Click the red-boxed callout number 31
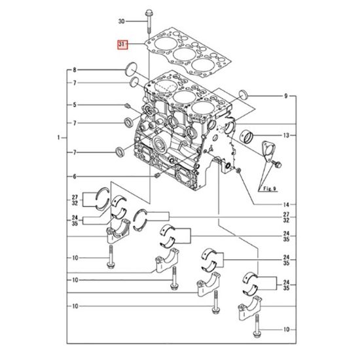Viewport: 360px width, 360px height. (x=122, y=45)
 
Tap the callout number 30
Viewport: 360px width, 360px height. (x=122, y=22)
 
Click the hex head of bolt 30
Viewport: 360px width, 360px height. (x=149, y=12)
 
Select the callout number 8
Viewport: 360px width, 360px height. (x=75, y=70)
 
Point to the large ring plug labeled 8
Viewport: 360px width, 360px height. (x=132, y=69)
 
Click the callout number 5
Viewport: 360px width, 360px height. (x=75, y=105)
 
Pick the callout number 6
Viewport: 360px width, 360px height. (x=75, y=177)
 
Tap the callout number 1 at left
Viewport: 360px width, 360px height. (x=59, y=137)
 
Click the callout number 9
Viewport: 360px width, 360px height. (x=286, y=96)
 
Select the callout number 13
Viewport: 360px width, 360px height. (x=286, y=135)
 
